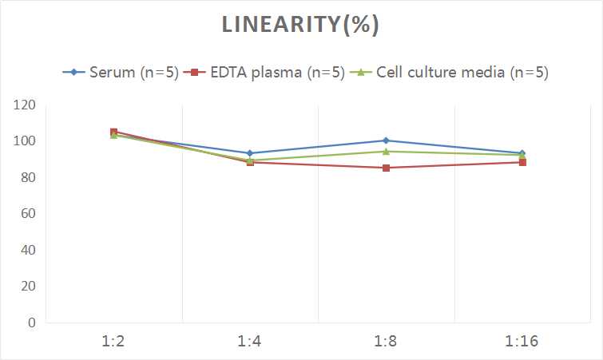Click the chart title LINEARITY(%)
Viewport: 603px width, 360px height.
coord(300,25)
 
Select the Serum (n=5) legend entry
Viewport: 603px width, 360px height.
coord(121,72)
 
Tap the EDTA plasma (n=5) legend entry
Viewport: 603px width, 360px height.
coord(264,72)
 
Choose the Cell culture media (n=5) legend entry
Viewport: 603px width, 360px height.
coord(449,72)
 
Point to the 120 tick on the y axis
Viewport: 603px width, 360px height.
coord(24,105)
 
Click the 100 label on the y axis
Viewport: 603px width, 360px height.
coord(24,140)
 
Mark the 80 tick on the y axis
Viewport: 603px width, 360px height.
coord(28,177)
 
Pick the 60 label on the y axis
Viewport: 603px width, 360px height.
coord(28,213)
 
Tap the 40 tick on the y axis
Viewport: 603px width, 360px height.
coord(28,250)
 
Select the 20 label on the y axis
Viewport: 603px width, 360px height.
coord(28,286)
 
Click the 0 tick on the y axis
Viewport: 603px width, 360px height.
coord(31,322)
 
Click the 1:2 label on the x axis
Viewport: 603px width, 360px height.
coord(113,341)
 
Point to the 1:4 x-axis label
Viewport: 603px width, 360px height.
coord(249,341)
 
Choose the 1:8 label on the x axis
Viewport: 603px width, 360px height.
coord(386,341)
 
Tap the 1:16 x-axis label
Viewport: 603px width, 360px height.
coord(522,341)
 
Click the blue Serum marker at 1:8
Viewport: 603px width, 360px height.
coord(386,140)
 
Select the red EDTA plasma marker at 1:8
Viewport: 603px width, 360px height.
coord(386,168)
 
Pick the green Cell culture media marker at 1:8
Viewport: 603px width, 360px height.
coord(386,152)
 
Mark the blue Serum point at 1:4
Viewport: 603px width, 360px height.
coord(250,153)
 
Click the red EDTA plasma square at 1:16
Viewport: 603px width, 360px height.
coord(522,163)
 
